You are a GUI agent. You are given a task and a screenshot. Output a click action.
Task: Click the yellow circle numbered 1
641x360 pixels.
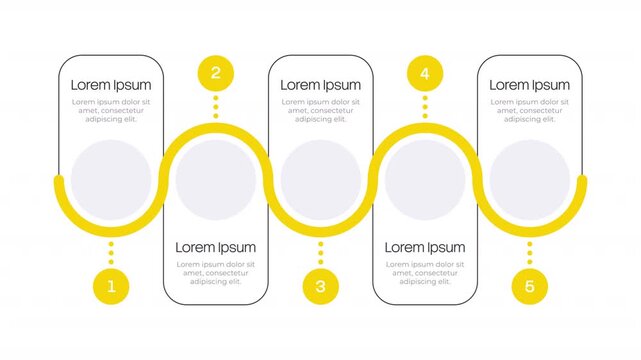[x=111, y=286]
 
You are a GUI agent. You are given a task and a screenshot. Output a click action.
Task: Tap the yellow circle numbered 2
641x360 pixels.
[x=215, y=72]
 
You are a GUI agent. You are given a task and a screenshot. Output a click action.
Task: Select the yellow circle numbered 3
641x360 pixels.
[x=320, y=286]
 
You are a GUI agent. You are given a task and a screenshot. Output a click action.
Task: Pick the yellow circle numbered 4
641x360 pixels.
[x=425, y=72]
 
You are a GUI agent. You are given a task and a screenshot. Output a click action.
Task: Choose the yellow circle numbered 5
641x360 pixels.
[x=530, y=286]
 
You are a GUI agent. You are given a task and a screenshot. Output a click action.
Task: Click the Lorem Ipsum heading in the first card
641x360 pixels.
[x=111, y=85]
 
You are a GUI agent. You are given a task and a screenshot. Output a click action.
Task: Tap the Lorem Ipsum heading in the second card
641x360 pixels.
[x=215, y=247]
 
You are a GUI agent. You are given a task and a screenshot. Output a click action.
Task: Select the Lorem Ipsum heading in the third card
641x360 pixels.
[x=320, y=85]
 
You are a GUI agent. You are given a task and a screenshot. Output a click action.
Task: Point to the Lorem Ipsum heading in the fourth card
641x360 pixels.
[x=425, y=247]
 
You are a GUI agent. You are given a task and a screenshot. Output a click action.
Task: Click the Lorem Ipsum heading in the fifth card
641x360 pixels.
[x=530, y=85]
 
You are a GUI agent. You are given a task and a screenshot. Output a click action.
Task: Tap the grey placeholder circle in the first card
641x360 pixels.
[x=111, y=180]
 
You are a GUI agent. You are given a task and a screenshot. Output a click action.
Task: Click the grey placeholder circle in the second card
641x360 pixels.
[x=215, y=180]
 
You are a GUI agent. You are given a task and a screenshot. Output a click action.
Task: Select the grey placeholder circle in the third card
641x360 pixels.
[x=320, y=180]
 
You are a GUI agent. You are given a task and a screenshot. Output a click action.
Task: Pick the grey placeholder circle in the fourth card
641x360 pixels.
[x=425, y=180]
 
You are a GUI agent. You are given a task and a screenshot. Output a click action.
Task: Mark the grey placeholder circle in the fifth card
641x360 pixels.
[x=530, y=180]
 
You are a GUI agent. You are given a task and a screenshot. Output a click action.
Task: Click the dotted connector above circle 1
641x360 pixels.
[x=111, y=252]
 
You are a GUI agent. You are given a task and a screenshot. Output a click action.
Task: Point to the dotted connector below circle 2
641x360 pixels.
[x=215, y=107]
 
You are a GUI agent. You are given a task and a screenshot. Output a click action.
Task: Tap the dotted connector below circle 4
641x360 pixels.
[x=425, y=107]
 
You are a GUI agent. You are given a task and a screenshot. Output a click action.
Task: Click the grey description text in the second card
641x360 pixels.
[x=215, y=273]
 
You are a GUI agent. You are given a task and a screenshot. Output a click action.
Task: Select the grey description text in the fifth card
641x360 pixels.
[x=530, y=110]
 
